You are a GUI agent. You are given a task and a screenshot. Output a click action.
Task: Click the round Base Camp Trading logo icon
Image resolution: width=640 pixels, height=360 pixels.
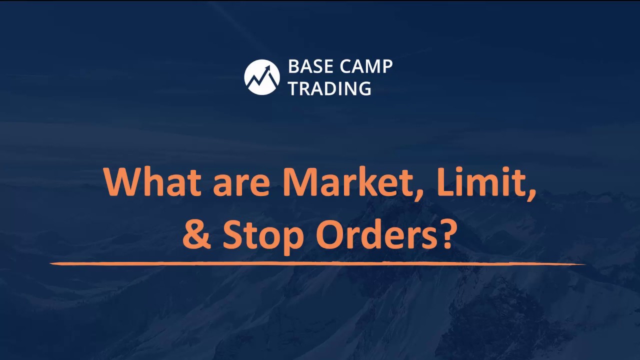click(261, 77)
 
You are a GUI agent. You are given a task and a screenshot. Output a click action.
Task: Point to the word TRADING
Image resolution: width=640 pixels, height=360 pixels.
click(329, 88)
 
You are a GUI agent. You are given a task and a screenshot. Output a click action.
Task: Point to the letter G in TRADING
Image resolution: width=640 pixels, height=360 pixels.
click(363, 88)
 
